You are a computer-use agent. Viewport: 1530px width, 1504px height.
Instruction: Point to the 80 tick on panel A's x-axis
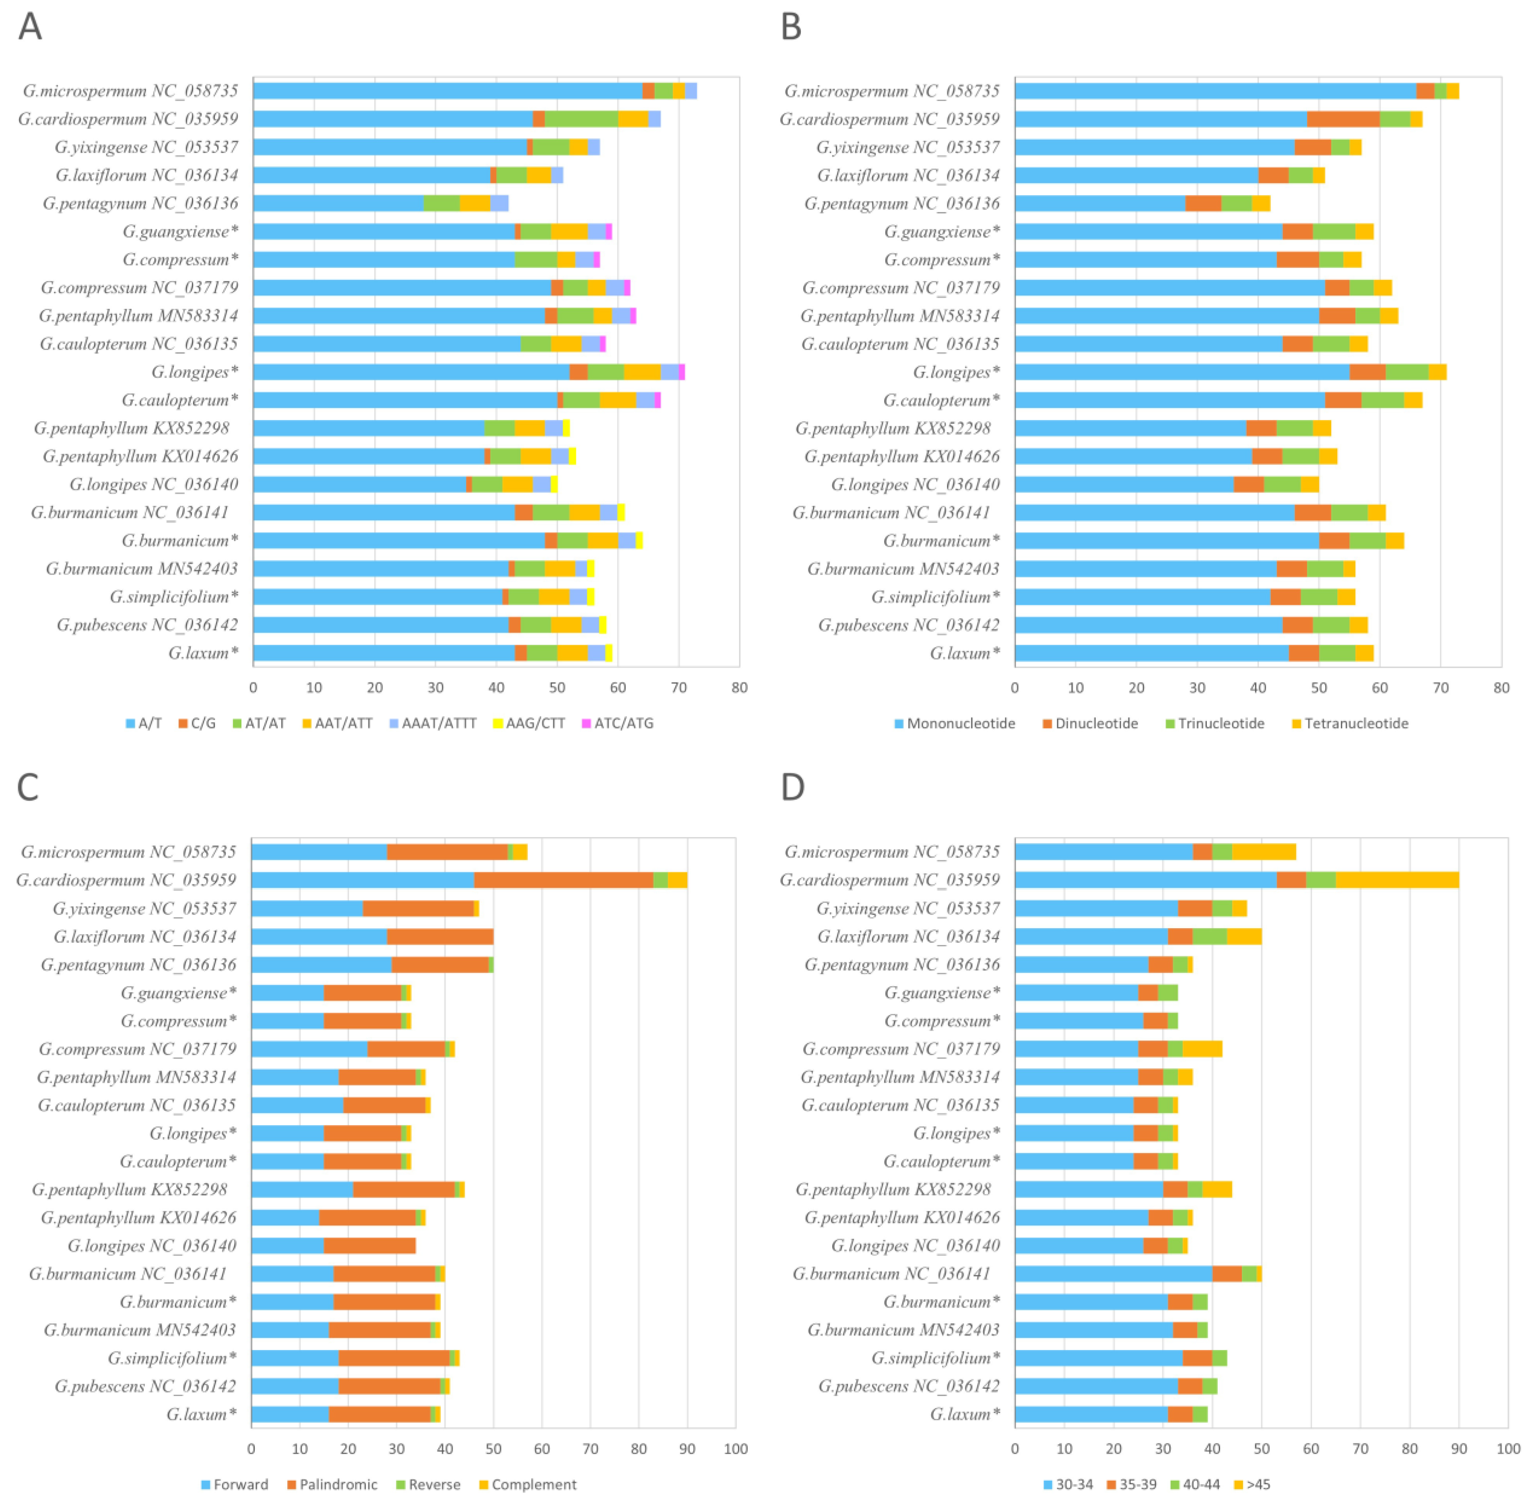(739, 687)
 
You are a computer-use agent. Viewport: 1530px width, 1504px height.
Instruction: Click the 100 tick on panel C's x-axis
(735, 1449)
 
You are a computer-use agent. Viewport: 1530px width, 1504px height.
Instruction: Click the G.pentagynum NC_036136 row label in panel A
(140, 203)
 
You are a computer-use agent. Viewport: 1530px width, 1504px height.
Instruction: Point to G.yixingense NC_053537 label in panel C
(144, 908)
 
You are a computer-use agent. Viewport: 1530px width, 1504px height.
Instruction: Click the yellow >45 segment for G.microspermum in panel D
(1263, 852)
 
